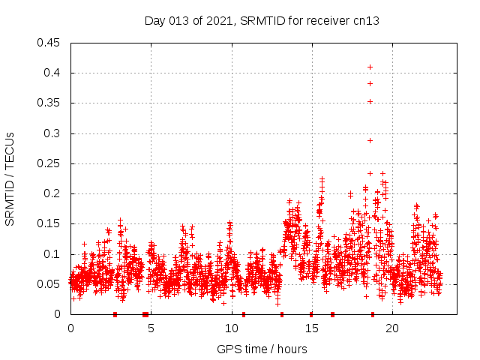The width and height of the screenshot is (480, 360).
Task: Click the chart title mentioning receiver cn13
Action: (262, 21)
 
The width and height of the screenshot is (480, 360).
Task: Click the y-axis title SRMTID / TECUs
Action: (10, 178)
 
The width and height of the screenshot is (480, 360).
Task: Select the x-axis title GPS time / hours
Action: (262, 349)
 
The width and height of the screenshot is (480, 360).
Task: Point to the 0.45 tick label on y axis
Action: (49, 43)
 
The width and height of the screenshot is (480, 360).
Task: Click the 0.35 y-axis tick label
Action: (49, 103)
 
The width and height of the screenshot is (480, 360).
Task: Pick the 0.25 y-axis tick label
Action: (49, 163)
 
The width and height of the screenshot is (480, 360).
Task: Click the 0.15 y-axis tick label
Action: (49, 223)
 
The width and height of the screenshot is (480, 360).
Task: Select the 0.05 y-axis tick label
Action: (49, 284)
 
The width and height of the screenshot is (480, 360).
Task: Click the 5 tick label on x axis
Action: (151, 328)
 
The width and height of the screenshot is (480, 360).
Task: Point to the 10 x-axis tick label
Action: (231, 328)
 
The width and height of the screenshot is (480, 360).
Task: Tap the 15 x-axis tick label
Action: (311, 328)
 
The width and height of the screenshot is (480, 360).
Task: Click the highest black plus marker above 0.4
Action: (370, 67)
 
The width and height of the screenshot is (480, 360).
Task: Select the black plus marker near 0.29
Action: (370, 140)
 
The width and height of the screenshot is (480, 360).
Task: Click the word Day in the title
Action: (155, 21)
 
